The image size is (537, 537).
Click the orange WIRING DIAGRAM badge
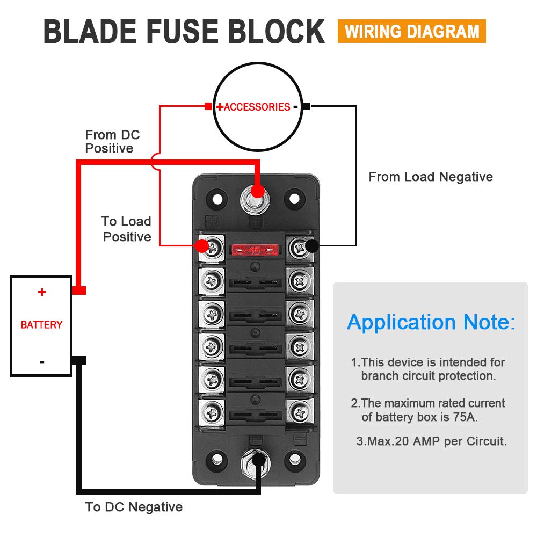(412, 31)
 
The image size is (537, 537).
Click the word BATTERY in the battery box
(41, 325)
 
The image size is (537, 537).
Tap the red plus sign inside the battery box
(42, 292)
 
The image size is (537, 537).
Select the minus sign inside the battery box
(42, 362)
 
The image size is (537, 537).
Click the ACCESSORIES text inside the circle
(257, 107)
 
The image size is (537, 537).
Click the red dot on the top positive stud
(258, 191)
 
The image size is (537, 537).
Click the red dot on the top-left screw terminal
(201, 246)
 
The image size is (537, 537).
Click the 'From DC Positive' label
(112, 141)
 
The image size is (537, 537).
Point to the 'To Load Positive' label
(126, 229)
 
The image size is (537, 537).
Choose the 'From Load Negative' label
(431, 177)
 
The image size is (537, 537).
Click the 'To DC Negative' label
(134, 507)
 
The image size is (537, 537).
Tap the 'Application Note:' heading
(431, 322)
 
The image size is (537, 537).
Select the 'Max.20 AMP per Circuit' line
(431, 441)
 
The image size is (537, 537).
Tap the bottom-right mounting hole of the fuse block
(294, 459)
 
